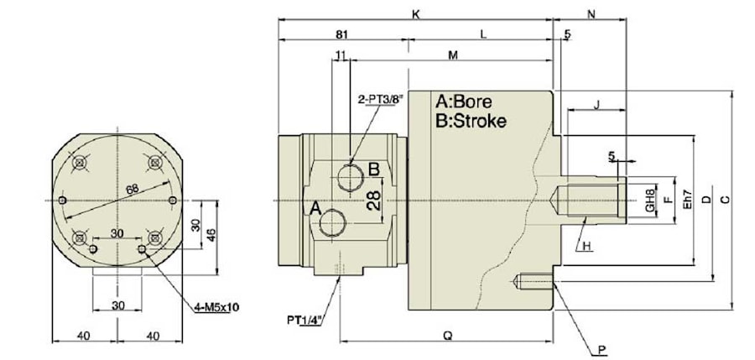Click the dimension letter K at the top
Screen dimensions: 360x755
tap(416, 13)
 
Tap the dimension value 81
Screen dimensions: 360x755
tap(341, 34)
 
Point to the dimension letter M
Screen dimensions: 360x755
tap(453, 56)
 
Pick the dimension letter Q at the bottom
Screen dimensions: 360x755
tap(447, 335)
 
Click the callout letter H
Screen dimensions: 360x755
tap(587, 246)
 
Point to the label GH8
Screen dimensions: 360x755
tap(648, 201)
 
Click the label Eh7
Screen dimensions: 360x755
tap(685, 201)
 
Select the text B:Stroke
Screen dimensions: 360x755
tap(471, 121)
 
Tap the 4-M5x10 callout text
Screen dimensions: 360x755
tap(216, 308)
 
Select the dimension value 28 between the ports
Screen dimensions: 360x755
tap(375, 200)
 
